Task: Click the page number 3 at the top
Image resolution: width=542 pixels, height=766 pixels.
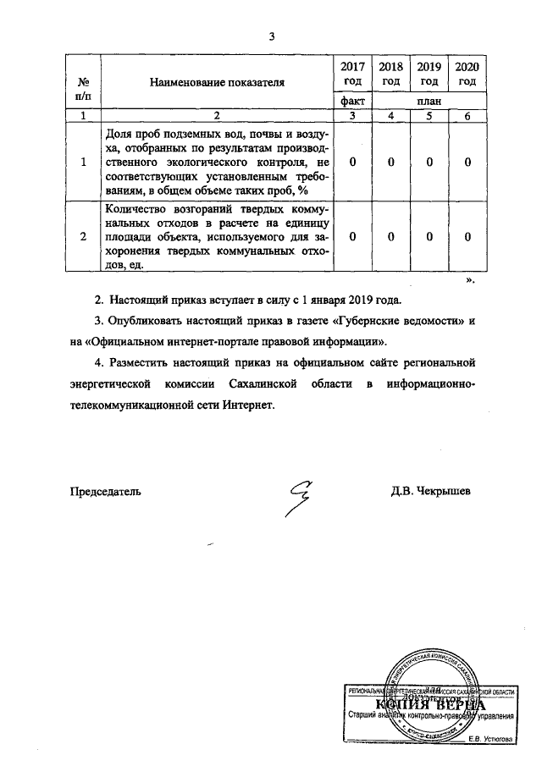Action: tap(271, 36)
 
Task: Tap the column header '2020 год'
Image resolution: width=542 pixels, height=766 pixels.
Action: tap(467, 74)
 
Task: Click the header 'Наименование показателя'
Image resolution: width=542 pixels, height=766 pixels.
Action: tap(218, 82)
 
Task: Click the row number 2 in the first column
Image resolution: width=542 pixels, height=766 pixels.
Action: tap(83, 238)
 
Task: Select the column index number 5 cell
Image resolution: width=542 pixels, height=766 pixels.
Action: tap(429, 115)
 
